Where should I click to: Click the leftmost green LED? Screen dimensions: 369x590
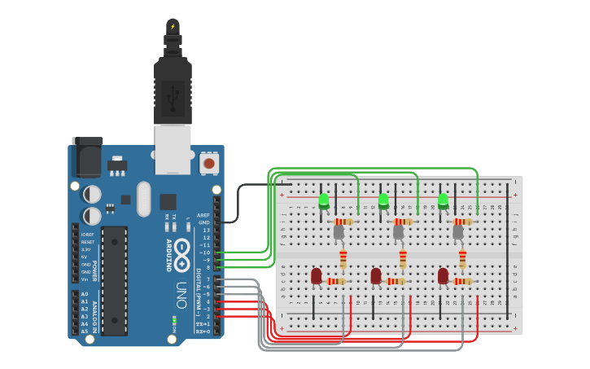point(324,200)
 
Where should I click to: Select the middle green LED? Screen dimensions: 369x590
point(384,200)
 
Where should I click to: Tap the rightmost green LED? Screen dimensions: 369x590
point(444,200)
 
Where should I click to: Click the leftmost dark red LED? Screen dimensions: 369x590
point(316,276)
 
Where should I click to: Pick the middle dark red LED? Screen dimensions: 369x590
point(376,276)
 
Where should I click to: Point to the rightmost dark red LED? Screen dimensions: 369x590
point(443,276)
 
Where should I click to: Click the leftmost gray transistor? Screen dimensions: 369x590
point(339,232)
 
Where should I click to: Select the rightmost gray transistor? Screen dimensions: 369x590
point(458,232)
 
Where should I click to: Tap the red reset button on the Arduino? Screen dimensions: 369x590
point(209,163)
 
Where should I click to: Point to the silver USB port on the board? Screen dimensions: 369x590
point(173,150)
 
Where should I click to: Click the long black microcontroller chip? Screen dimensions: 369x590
point(114,280)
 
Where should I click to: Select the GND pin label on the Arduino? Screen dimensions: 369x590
point(204,222)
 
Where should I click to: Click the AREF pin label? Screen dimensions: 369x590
point(203,215)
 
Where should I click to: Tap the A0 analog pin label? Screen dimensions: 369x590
point(85,293)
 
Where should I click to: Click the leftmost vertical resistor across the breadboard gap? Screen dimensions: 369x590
point(343,259)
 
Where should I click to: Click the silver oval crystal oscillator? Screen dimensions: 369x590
point(144,198)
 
